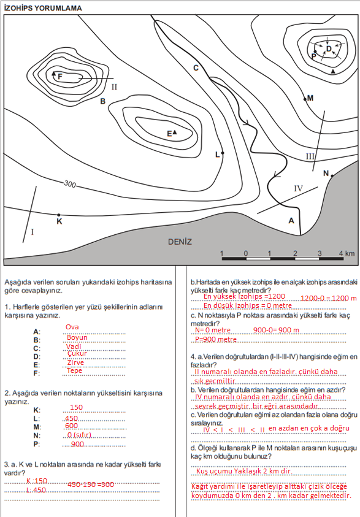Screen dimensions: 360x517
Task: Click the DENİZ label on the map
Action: coord(180,242)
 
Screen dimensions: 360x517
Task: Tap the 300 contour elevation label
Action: coord(70,183)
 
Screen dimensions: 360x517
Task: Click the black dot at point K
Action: coord(59,215)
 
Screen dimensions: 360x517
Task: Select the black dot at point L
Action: coord(223,153)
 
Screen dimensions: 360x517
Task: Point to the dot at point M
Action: coord(305,99)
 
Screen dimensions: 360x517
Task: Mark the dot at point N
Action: coord(332,176)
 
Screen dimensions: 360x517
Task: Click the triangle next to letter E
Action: coord(175,132)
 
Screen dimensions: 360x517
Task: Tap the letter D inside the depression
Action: coord(329,49)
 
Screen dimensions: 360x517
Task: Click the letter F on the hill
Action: coord(60,77)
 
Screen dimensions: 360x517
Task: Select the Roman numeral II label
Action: coord(114,87)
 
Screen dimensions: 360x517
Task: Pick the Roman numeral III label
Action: coord(310,156)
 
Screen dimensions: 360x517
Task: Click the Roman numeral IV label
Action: coord(298,188)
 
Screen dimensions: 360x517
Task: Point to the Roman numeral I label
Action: coord(33,232)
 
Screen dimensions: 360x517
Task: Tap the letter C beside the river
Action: coord(196,68)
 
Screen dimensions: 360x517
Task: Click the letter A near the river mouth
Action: coord(291,221)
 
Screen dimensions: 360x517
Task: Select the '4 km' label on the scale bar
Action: coord(347,253)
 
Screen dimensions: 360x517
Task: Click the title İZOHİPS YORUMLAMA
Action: coord(43,8)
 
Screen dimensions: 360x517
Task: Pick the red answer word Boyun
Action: coord(77,338)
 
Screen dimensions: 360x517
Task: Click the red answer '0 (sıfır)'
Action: coord(79,435)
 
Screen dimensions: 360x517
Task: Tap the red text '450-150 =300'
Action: coord(91,484)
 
